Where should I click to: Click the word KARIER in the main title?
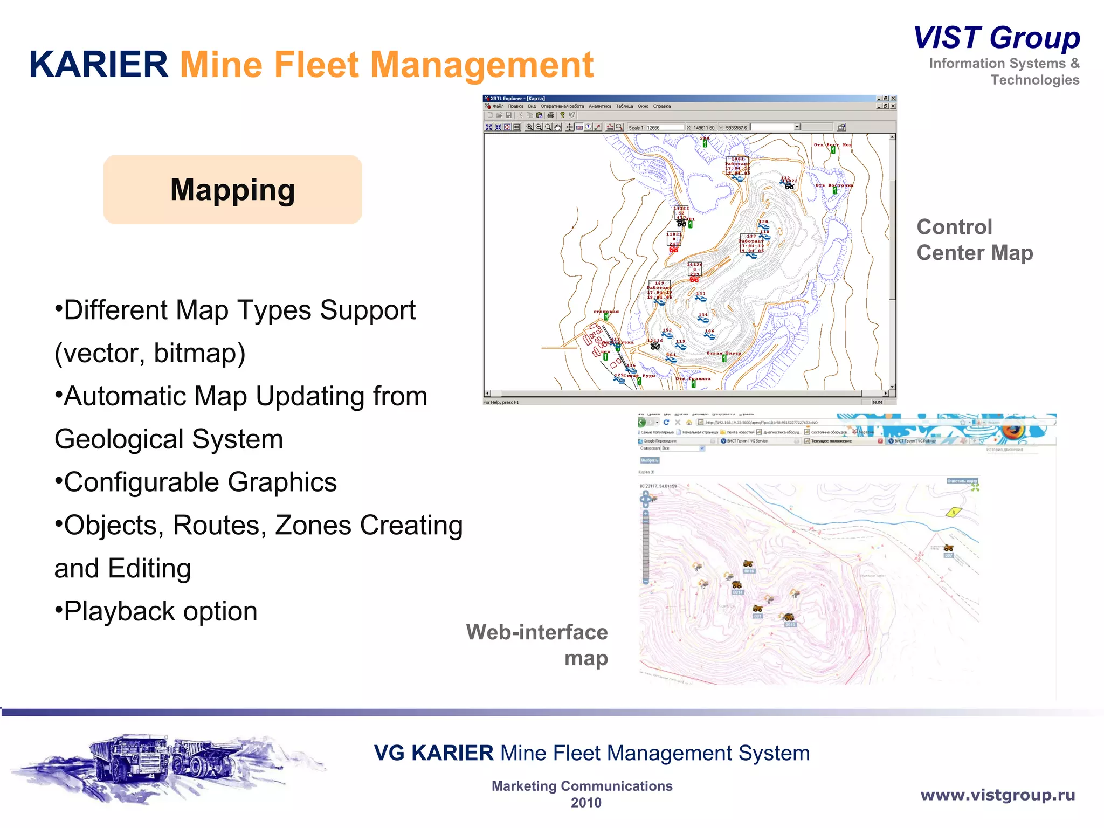click(x=99, y=65)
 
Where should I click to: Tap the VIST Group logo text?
click(x=997, y=38)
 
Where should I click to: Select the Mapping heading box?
click(x=232, y=190)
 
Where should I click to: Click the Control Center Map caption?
click(x=974, y=240)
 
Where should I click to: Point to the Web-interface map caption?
click(x=537, y=645)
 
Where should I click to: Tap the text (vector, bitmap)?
click(x=150, y=354)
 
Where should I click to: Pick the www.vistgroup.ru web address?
click(x=997, y=795)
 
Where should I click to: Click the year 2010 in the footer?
click(x=585, y=803)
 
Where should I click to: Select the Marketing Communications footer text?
click(x=582, y=786)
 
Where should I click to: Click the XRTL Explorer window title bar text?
click(x=517, y=99)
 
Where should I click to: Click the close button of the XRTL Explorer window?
click(x=893, y=99)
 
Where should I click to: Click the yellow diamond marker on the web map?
click(x=954, y=512)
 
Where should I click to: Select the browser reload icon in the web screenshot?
click(x=666, y=422)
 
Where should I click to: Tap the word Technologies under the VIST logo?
click(x=1034, y=80)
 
